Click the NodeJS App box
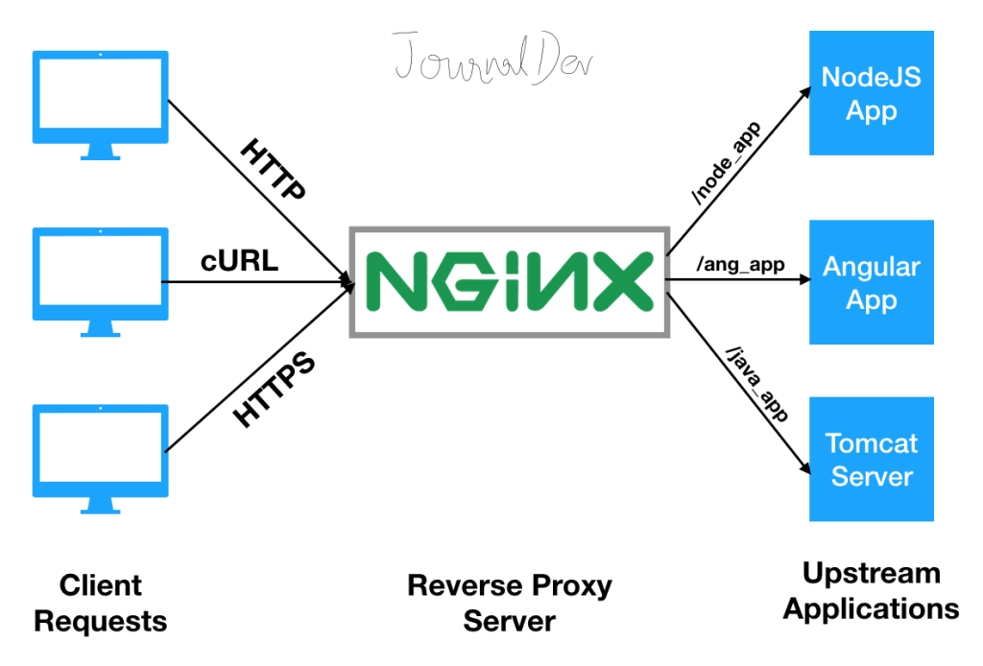pos(871,93)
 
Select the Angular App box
pos(871,282)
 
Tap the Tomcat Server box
pos(871,459)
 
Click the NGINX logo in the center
pos(508,282)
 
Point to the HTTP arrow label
pos(274,170)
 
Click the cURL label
pos(239,261)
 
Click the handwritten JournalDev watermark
pos(492,60)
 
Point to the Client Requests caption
pos(100,603)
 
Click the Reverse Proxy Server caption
pos(509,603)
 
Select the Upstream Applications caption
pos(871,591)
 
